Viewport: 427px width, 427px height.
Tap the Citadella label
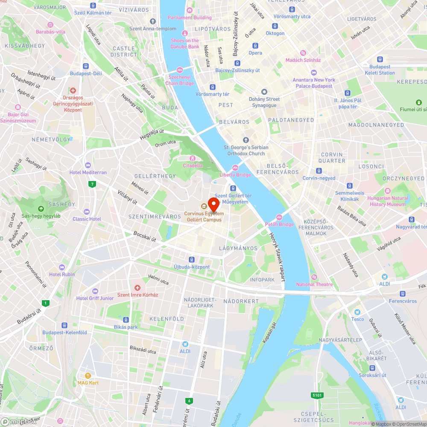pyautogui.click(x=193, y=165)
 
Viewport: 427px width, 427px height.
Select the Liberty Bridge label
pyautogui.click(x=235, y=174)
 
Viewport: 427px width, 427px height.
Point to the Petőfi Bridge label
pyautogui.click(x=280, y=224)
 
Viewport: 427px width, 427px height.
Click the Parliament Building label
pyautogui.click(x=190, y=18)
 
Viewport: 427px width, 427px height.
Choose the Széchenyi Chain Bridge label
pyautogui.click(x=180, y=80)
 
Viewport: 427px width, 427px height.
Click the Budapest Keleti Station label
pyautogui.click(x=380, y=70)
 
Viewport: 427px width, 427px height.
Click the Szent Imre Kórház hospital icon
pyautogui.click(x=137, y=287)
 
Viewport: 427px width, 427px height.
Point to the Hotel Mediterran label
pyautogui.click(x=88, y=172)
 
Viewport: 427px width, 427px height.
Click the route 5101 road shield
pyautogui.click(x=317, y=395)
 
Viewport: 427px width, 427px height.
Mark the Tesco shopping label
pyautogui.click(x=358, y=319)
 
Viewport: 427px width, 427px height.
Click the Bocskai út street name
pyautogui.click(x=144, y=236)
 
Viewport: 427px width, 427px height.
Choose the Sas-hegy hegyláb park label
pyautogui.click(x=41, y=216)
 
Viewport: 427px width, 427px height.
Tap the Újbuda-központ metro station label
pyautogui.click(x=192, y=267)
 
